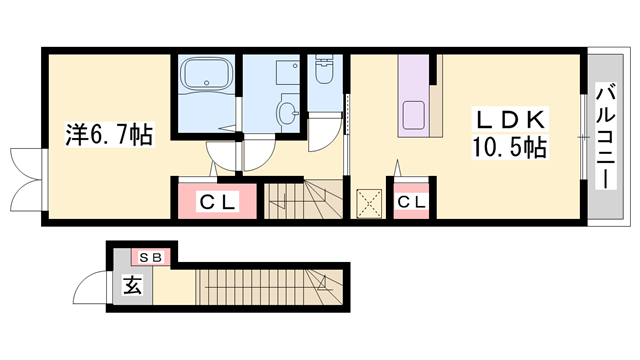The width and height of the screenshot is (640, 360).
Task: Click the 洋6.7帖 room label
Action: pyautogui.click(x=109, y=135)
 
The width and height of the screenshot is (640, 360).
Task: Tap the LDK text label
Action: pyautogui.click(x=510, y=120)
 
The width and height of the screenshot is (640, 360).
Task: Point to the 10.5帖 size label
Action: pyautogui.click(x=509, y=147)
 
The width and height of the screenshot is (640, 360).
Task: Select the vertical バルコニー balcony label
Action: pyautogui.click(x=605, y=136)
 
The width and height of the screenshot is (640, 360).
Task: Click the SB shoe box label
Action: pyautogui.click(x=151, y=257)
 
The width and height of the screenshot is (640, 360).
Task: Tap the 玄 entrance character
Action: pyautogui.click(x=133, y=284)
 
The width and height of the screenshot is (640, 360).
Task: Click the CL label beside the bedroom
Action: pyautogui.click(x=217, y=202)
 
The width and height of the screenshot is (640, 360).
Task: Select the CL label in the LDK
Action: pyautogui.click(x=411, y=202)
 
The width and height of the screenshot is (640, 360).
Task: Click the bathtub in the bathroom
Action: pyautogui.click(x=206, y=73)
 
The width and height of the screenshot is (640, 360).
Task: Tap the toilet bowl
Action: pyautogui.click(x=324, y=72)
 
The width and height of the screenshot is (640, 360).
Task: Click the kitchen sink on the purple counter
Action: pyautogui.click(x=413, y=115)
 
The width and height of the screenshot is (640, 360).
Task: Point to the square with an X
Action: pyautogui.click(x=369, y=203)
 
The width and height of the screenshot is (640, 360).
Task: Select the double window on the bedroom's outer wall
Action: pyautogui.click(x=27, y=180)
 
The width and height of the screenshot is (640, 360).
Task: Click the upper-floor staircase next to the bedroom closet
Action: pyautogui.click(x=303, y=201)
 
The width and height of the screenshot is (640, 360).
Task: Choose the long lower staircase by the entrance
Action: pyautogui.click(x=269, y=287)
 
